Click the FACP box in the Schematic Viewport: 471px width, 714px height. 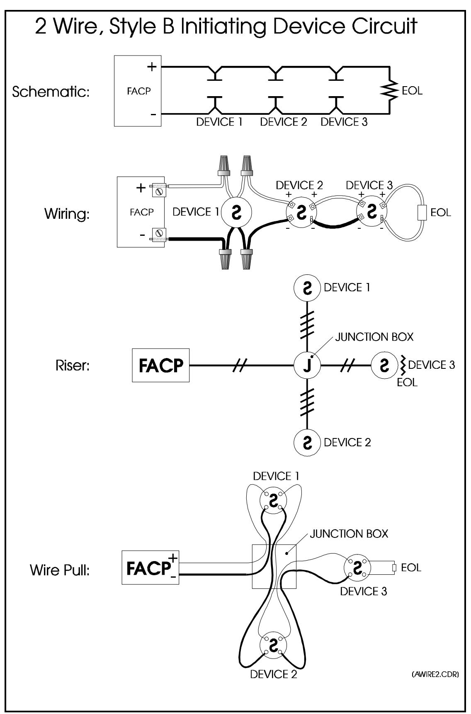[138, 91]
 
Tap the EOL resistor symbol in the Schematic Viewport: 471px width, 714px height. [389, 90]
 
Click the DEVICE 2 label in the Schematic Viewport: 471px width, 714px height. [284, 122]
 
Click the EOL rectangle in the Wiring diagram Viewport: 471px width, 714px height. [421, 213]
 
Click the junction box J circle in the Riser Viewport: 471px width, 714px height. [307, 365]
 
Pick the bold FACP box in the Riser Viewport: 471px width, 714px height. [160, 365]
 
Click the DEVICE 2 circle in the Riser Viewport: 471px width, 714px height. [307, 442]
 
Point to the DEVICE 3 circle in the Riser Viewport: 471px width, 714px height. [384, 365]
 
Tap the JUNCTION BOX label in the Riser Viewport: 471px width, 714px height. [374, 337]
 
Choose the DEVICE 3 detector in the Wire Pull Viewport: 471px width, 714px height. [357, 567]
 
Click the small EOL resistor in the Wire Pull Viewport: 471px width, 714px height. [395, 567]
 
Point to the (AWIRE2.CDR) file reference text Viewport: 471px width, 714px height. [435, 675]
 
